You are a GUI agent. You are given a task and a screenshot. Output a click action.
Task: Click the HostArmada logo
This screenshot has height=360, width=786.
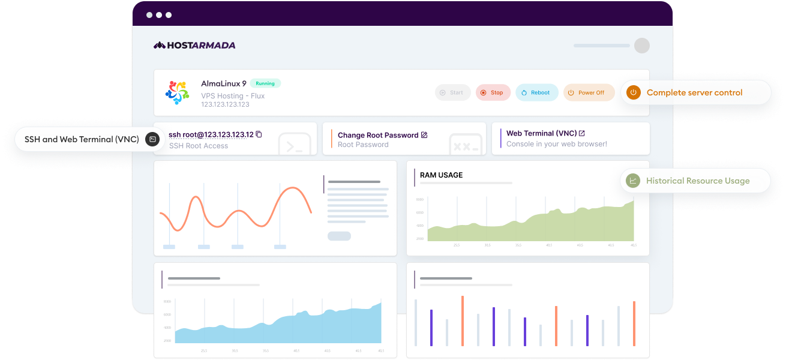194,45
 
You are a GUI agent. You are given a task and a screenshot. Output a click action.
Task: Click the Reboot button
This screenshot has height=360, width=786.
536,92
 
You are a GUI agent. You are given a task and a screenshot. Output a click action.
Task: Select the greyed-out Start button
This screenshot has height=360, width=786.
452,92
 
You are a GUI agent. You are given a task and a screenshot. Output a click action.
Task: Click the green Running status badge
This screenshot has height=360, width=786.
265,83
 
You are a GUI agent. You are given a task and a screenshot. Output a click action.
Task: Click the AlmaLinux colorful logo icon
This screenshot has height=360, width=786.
177,92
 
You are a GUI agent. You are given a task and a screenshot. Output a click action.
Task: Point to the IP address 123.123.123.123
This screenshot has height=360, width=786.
225,104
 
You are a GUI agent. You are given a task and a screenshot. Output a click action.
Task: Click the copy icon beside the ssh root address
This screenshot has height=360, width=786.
259,134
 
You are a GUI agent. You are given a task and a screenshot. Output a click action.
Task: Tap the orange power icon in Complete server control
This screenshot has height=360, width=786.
633,92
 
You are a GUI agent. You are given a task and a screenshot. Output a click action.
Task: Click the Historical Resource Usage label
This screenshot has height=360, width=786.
697,181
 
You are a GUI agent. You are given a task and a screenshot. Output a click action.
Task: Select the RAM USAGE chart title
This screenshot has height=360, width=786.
441,175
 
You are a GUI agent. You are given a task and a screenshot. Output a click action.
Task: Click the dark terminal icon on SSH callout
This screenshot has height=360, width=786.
152,139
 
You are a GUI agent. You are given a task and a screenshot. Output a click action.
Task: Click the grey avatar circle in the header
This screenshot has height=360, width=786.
641,46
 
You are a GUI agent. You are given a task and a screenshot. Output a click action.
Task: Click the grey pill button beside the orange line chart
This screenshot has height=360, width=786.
339,236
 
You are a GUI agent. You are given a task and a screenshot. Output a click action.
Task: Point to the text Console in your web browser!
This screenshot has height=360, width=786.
556,144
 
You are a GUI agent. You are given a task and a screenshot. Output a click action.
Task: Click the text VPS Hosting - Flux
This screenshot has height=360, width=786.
233,95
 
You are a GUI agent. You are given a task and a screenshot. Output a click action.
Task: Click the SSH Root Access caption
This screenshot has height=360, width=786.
199,145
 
